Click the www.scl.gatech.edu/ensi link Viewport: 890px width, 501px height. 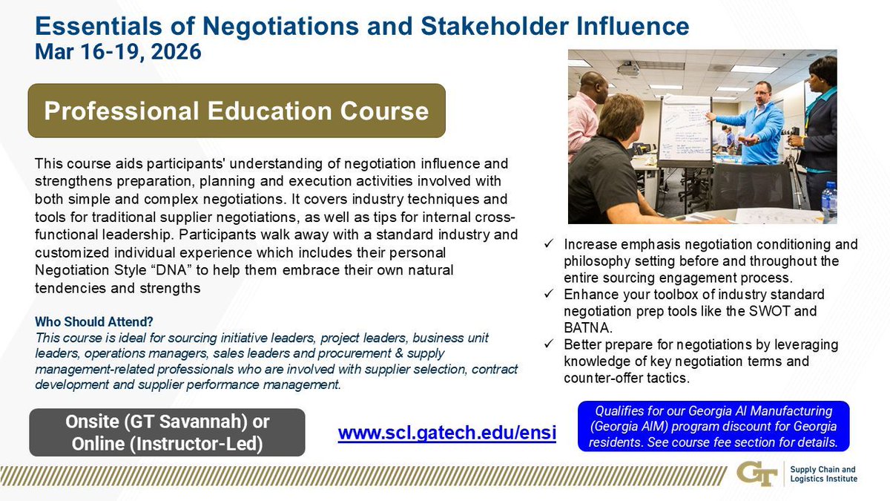pos(446,433)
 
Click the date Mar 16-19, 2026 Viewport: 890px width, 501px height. pos(118,53)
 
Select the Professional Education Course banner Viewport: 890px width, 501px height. pos(237,111)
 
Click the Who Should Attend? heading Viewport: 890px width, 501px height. pos(94,322)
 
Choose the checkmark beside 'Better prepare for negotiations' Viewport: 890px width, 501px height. pos(549,345)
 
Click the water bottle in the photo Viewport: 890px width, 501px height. pos(828,200)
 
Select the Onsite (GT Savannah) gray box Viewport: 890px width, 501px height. pos(167,432)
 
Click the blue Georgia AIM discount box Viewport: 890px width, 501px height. pos(713,426)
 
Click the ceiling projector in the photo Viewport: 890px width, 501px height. pos(627,70)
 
